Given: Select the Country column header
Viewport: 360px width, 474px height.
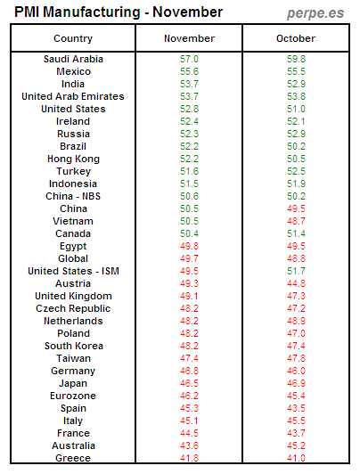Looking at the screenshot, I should pyautogui.click(x=73, y=38).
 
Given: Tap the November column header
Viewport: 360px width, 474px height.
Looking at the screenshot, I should pyautogui.click(x=189, y=38).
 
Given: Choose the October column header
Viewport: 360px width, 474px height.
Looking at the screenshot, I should pyautogui.click(x=296, y=38).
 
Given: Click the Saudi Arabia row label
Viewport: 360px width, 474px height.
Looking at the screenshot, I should pyautogui.click(x=73, y=59).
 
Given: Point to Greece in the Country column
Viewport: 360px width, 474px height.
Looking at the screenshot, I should pyautogui.click(x=73, y=458).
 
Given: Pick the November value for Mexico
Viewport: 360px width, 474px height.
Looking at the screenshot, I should pyautogui.click(x=189, y=71).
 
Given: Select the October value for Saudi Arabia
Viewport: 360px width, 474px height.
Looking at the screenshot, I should pyautogui.click(x=296, y=59).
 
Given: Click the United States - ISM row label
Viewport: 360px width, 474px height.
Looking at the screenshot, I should pyautogui.click(x=73, y=271).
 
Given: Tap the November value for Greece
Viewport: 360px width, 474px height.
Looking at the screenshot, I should pyautogui.click(x=189, y=458).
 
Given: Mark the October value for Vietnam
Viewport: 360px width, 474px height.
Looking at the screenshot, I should pyautogui.click(x=296, y=221).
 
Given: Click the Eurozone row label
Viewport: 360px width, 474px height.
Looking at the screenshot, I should pyautogui.click(x=73, y=396).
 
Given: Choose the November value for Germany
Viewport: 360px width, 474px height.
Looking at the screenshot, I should pyautogui.click(x=189, y=371).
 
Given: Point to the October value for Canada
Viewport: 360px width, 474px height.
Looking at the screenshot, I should pyautogui.click(x=296, y=233).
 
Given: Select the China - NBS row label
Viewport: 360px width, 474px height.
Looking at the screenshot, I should pyautogui.click(x=73, y=196).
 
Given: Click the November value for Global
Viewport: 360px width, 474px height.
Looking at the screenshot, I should pyautogui.click(x=189, y=258).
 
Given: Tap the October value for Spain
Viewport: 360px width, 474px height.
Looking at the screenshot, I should pyautogui.click(x=296, y=408).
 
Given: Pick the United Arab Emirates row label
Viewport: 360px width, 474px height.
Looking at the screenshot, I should pyautogui.click(x=73, y=96).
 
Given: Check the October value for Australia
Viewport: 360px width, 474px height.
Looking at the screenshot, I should pyautogui.click(x=296, y=445).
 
